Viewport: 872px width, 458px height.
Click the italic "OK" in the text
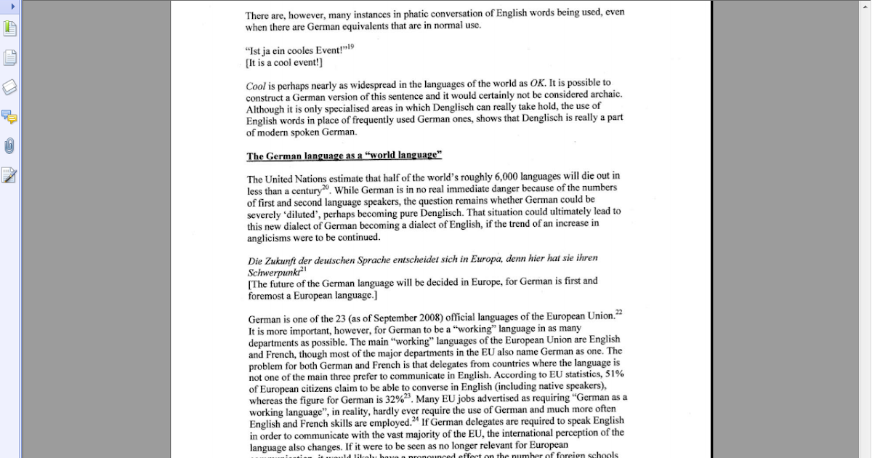tap(538, 83)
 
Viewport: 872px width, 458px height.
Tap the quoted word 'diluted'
tap(300, 214)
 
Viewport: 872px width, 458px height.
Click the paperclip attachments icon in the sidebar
tap(9, 145)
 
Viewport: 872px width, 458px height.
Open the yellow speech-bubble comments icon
tap(9, 116)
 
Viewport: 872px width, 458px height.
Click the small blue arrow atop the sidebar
tap(12, 6)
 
